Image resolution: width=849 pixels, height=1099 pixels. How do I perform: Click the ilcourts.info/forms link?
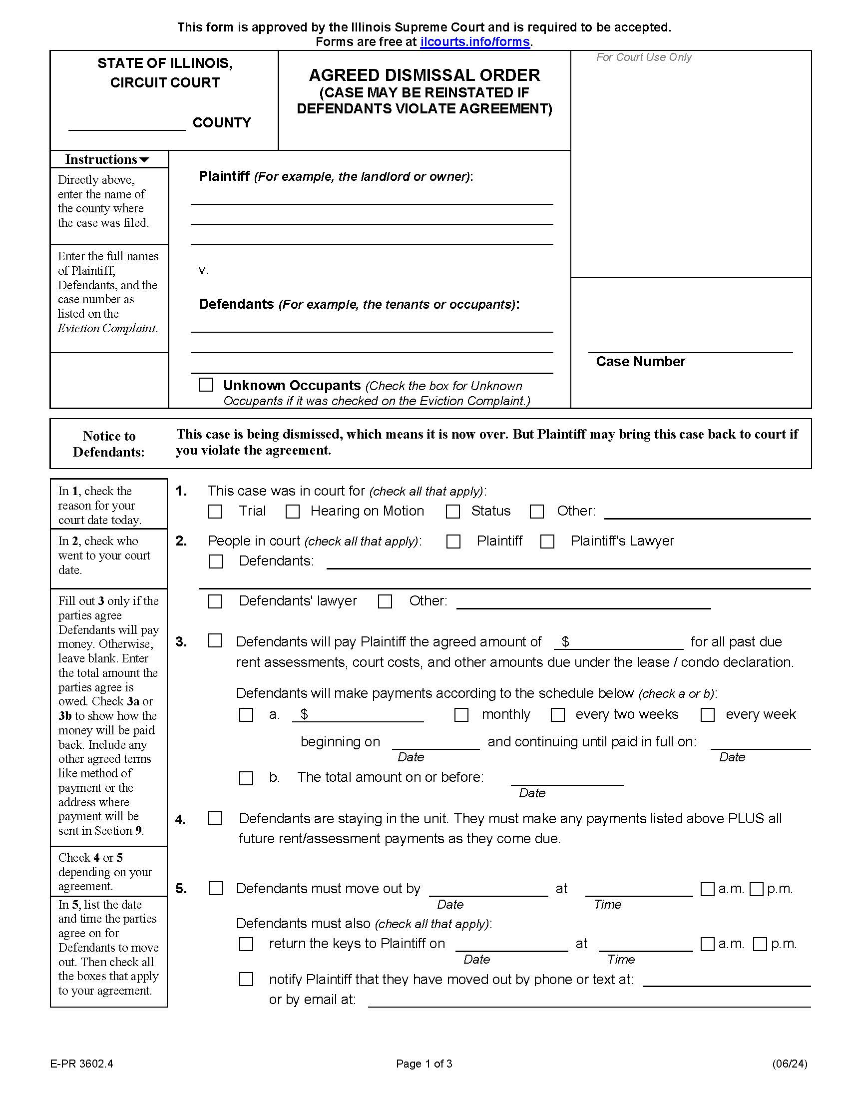pos(475,42)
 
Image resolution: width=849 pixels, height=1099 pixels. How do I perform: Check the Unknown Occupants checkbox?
pos(206,385)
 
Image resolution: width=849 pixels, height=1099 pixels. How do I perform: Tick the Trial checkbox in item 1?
pos(215,512)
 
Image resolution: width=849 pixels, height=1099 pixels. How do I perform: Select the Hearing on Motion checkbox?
pos(293,512)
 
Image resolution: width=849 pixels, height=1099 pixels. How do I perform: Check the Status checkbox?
pos(452,512)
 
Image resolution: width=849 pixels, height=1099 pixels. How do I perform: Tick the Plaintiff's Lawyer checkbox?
pos(547,542)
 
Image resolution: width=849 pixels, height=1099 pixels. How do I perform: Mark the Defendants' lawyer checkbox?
pos(215,601)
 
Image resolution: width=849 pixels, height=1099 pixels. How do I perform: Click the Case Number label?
pos(640,362)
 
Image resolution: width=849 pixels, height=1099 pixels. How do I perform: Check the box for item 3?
pos(215,640)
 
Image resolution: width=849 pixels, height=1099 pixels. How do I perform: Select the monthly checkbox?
pos(461,714)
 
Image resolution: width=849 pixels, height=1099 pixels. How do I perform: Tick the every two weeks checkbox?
pos(558,714)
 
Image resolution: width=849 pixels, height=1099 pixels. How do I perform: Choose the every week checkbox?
pos(708,714)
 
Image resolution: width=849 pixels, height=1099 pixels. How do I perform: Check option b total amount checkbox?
pos(246,778)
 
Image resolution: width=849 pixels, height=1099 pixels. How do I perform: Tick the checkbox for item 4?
pos(215,819)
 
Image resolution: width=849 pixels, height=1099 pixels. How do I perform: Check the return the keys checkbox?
pos(246,944)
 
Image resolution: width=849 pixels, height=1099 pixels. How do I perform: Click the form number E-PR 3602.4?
pos(81,1063)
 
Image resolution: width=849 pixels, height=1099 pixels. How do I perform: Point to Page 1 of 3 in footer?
pos(424,1063)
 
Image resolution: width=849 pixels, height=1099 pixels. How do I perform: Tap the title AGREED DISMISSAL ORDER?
pos(424,75)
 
